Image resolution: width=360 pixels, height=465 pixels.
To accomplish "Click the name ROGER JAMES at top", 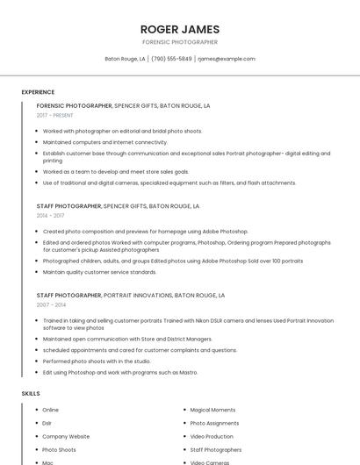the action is click(180, 29).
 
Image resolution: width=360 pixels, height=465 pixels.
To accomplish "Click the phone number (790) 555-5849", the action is click(171, 59).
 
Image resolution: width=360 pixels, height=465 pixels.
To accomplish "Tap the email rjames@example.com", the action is click(227, 59).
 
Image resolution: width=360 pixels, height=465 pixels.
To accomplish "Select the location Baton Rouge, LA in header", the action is click(125, 59).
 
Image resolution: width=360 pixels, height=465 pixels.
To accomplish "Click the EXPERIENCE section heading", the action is click(38, 92).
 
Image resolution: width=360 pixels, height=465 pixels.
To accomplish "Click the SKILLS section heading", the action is click(31, 394).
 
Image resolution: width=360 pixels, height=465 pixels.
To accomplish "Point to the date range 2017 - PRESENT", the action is click(56, 115).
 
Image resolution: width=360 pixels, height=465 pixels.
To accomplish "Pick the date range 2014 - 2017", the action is click(50, 215).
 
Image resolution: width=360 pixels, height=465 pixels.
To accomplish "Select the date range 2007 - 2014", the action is click(50, 304).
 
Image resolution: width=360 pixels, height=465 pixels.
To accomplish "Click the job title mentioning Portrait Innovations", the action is click(130, 296).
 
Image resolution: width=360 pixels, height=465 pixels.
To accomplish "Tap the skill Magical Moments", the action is click(212, 410).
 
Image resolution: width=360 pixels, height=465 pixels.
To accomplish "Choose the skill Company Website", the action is click(66, 436).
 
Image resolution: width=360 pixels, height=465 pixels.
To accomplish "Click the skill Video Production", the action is click(212, 436).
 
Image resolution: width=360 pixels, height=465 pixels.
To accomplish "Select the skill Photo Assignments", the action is click(213, 423).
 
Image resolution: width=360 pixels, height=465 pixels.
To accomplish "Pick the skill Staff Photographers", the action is click(215, 449).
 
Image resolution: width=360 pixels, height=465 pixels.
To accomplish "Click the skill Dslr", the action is click(47, 423).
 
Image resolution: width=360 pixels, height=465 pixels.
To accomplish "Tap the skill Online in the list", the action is click(51, 410).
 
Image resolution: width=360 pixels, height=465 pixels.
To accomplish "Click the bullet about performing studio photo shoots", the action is click(97, 361).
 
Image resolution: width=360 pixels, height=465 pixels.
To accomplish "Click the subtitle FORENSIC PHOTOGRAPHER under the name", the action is click(180, 42).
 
